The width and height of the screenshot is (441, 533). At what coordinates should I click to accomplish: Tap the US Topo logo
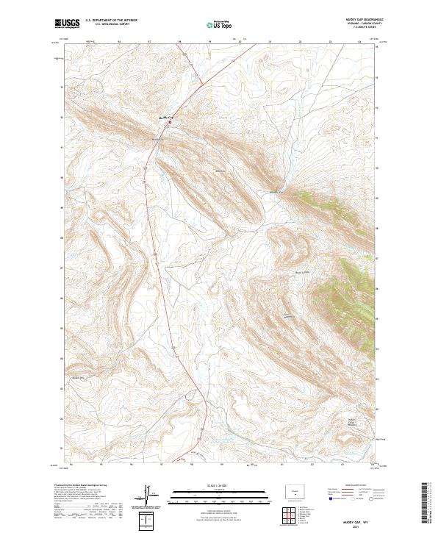tap(220, 25)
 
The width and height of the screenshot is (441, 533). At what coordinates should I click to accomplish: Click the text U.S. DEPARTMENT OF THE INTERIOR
tap(112, 21)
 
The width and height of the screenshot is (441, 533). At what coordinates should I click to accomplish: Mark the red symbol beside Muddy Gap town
tap(170, 122)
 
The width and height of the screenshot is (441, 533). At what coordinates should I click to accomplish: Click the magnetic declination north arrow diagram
tap(148, 493)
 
